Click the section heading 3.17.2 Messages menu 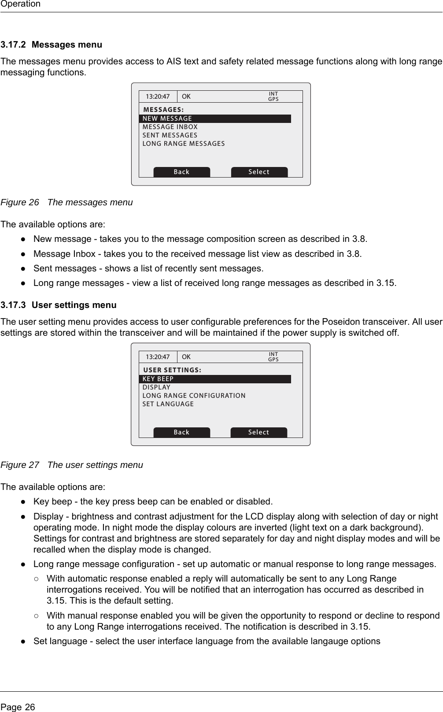pos(51,45)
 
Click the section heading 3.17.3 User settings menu pos(59,305)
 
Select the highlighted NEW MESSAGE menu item pos(215,119)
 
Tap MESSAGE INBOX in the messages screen pos(170,127)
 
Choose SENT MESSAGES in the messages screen pos(170,135)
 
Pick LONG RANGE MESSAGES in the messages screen pos(183,144)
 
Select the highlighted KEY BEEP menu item pos(215,379)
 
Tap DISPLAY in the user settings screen pos(156,387)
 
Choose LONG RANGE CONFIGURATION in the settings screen pos(194,396)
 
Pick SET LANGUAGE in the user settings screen pos(168,404)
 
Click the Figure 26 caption pos(66,202)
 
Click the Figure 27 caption pos(72,465)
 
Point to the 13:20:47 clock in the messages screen pos(158,96)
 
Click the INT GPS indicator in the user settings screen pos(273,357)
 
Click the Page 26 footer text pos(18,707)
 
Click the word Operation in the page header pos(20,4)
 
